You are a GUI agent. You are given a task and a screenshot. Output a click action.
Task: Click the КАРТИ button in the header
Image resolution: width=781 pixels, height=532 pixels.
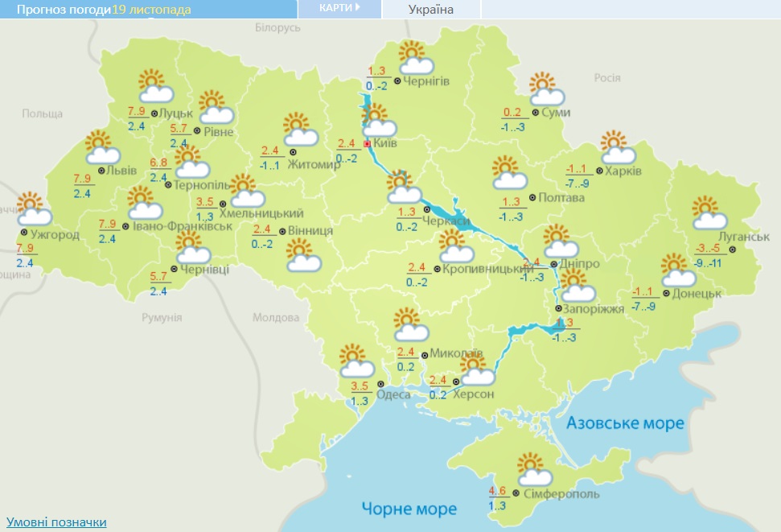click(339, 9)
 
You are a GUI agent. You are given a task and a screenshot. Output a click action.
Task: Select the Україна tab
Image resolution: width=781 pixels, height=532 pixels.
click(430, 10)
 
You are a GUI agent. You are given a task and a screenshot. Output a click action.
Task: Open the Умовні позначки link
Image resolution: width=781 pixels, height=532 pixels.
click(55, 522)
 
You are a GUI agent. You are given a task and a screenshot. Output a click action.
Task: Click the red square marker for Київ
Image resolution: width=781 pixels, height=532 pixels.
click(368, 144)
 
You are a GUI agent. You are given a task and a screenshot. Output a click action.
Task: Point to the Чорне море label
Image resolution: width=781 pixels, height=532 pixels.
click(409, 509)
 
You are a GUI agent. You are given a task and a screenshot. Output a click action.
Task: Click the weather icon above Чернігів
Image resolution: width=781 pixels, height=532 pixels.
click(413, 57)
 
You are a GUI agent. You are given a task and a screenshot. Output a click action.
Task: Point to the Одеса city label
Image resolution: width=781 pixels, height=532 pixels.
click(393, 394)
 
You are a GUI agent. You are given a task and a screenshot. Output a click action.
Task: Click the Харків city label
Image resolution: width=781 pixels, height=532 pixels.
click(623, 171)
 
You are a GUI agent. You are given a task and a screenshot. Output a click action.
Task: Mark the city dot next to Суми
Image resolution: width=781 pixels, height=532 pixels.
click(535, 113)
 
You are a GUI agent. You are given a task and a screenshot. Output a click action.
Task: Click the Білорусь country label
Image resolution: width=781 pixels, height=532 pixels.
click(277, 27)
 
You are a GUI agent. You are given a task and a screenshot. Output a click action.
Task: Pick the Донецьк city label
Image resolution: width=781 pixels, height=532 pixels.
click(697, 294)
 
